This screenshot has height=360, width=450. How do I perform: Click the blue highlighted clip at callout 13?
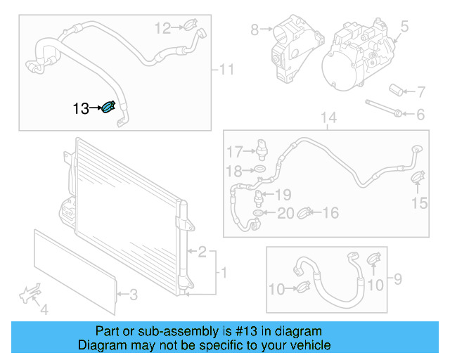pos(109,108)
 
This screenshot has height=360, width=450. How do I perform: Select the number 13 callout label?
pos(81,108)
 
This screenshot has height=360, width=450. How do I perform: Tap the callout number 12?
pos(162,28)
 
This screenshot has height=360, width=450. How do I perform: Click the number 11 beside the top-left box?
pos(226,69)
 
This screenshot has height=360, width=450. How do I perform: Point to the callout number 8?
pos(255,30)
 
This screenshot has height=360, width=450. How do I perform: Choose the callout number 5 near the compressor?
pos(404,27)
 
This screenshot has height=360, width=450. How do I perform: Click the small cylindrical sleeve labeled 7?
pos(398,90)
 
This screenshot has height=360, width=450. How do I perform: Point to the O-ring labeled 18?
pos(259,171)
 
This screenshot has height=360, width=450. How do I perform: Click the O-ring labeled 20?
pos(259,212)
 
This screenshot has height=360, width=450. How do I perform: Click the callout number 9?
pos(397,281)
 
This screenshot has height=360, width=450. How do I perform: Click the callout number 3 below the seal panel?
pos(134,294)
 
